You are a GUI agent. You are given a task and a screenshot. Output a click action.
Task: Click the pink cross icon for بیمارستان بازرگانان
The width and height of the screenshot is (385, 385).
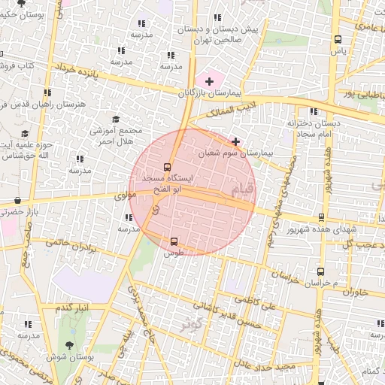pos(209,80)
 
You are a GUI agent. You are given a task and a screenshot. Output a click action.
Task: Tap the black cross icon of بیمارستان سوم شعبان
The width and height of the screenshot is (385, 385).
pos(236,141)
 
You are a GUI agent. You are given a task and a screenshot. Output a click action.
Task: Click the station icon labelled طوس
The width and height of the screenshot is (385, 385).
pos(174,241)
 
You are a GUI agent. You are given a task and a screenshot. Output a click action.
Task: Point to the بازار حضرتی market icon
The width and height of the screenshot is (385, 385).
pos(17,201)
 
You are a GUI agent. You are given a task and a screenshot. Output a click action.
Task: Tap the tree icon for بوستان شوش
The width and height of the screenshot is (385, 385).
pos(70,344)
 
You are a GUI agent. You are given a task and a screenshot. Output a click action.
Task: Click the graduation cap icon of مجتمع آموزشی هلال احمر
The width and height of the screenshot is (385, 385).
pos(116,119)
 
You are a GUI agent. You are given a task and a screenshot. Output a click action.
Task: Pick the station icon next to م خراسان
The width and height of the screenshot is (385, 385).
pos(321,271)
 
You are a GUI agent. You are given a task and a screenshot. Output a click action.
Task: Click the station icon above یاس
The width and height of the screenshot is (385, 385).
pos(338,39)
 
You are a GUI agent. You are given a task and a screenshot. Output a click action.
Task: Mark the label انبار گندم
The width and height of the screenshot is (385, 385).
pos(73,308)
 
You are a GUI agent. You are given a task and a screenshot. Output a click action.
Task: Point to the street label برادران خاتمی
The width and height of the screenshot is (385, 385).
pos(72,245)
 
